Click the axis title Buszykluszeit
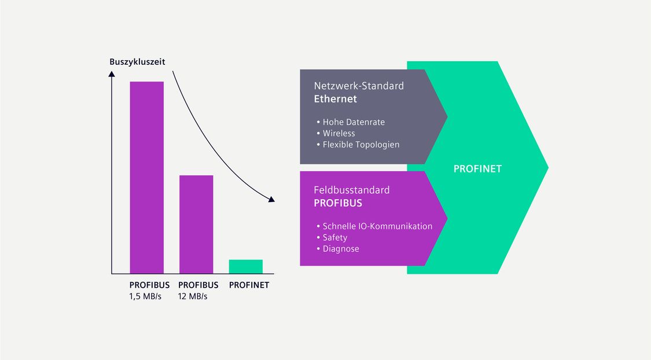(137, 62)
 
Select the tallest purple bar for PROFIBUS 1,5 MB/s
(146, 177)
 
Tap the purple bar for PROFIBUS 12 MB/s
(196, 224)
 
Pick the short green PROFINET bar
(246, 267)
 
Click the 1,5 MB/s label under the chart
(145, 296)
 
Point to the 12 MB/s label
(193, 296)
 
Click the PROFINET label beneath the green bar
(249, 285)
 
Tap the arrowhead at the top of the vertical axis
(111, 74)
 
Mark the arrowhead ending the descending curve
(271, 200)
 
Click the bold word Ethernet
(335, 99)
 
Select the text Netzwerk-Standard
(359, 86)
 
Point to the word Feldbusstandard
(352, 190)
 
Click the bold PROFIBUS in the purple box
(338, 203)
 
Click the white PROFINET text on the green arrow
(477, 169)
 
